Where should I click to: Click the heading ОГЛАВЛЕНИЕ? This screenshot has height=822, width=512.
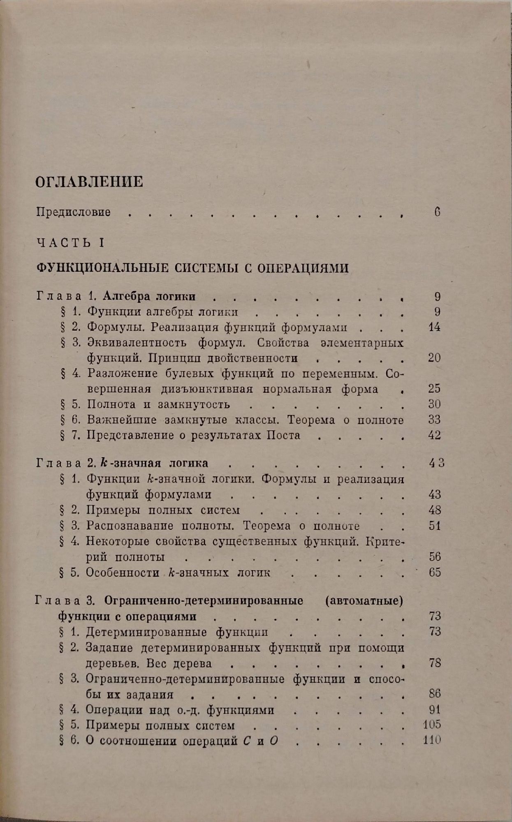90,181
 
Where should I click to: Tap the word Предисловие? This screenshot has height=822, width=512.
74,212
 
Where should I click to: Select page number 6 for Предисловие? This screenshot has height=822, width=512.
437,212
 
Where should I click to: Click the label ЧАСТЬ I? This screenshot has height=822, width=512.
70,242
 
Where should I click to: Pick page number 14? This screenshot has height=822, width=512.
434,327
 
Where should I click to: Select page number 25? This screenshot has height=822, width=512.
434,388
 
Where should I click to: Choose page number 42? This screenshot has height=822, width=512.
434,435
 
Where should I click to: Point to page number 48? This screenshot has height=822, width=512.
434,510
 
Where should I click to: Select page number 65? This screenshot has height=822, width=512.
434,572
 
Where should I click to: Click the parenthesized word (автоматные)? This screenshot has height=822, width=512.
363,600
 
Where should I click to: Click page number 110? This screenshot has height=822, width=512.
432,741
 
